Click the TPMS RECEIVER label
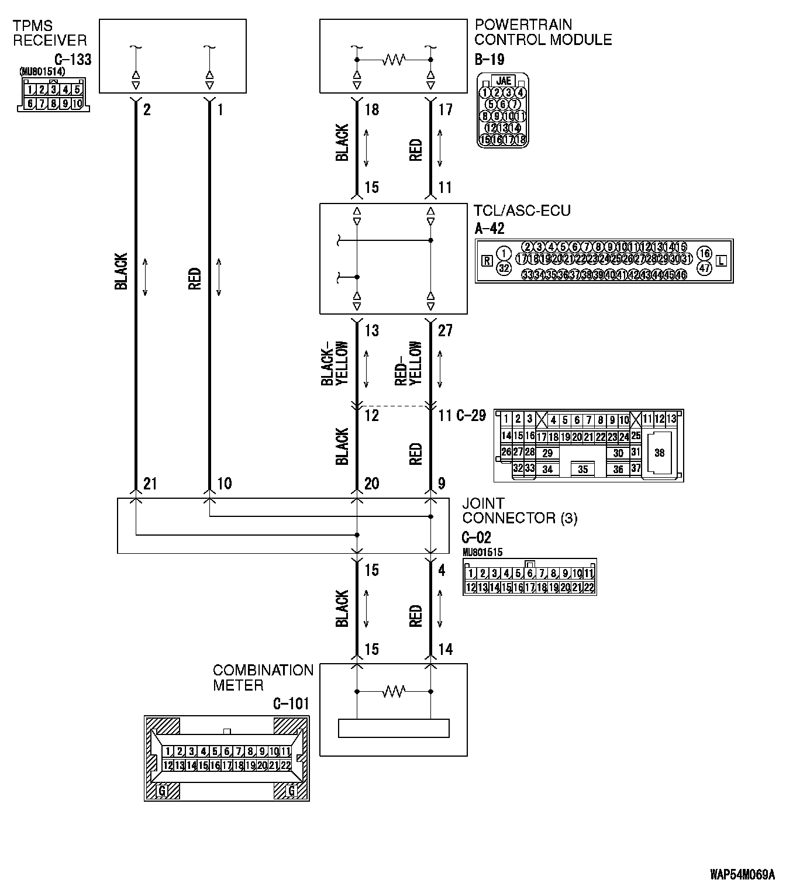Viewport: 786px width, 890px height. tap(50, 33)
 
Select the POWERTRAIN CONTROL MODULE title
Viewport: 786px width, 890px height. tap(543, 33)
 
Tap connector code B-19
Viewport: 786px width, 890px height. tap(489, 60)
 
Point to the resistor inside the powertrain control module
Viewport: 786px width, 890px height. tap(394, 60)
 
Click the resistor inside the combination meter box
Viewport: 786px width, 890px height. tap(394, 692)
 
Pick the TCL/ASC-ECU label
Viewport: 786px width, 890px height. tap(522, 211)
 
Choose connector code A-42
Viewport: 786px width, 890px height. tap(489, 229)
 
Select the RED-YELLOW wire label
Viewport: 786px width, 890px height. tap(408, 364)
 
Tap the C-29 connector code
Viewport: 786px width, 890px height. tap(470, 416)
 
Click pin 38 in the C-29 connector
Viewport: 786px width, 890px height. tap(659, 453)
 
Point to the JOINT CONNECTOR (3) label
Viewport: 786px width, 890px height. tap(519, 510)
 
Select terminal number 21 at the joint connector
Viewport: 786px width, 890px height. tap(150, 484)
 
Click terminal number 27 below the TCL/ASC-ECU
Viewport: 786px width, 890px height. tap(445, 331)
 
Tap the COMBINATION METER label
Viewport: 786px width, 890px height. tap(263, 678)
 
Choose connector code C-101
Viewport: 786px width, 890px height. tap(291, 703)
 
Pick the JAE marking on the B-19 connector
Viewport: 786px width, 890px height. tap(502, 81)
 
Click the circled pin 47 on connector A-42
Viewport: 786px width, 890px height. tap(705, 268)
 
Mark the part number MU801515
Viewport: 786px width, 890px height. tap(482, 552)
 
